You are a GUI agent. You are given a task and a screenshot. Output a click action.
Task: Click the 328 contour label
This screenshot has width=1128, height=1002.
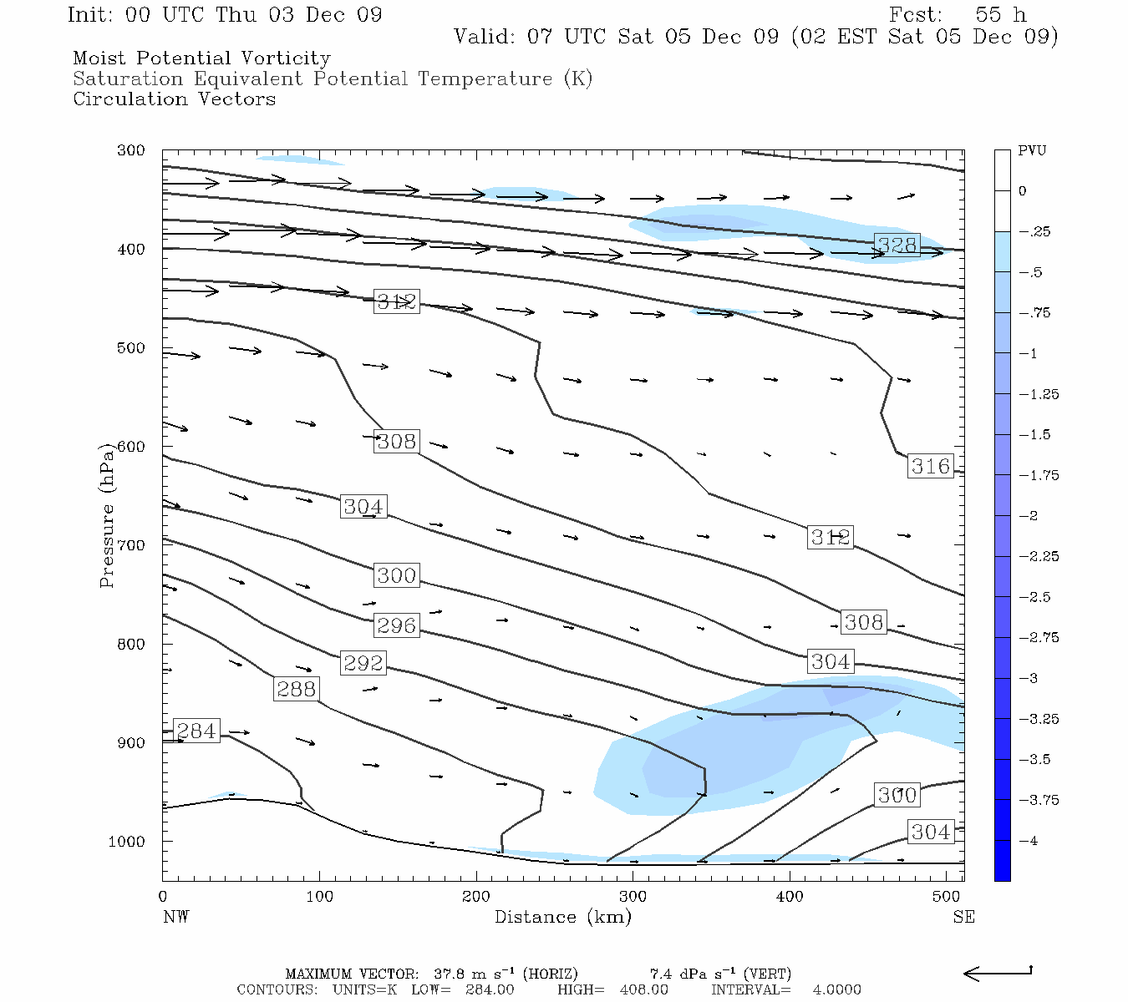(x=897, y=245)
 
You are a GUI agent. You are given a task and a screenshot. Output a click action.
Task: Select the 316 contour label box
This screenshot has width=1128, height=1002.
(x=930, y=466)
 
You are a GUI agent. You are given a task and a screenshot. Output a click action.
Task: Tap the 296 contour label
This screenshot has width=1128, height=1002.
(x=396, y=625)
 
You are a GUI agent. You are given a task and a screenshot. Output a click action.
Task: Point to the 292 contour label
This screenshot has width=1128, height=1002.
(x=363, y=663)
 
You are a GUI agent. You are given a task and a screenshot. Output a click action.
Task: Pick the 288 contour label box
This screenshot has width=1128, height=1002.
(x=296, y=689)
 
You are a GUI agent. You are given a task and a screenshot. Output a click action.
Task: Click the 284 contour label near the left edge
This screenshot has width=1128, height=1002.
(x=196, y=731)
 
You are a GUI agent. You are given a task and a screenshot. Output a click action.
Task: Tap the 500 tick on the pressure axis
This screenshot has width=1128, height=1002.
(x=131, y=348)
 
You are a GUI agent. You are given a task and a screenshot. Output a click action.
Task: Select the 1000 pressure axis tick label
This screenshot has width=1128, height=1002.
(x=127, y=842)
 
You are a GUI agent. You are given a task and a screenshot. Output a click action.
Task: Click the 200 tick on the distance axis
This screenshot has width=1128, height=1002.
(x=476, y=897)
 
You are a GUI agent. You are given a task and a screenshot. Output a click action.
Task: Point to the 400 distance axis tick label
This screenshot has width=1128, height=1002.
(x=790, y=897)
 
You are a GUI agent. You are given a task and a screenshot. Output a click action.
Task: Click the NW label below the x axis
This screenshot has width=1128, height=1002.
(x=175, y=917)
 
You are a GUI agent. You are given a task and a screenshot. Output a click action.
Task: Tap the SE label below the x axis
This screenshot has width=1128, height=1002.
(x=963, y=917)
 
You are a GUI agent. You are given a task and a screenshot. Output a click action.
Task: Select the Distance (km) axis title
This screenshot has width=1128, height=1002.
(x=562, y=917)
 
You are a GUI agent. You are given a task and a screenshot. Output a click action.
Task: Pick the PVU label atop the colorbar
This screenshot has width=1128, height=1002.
(x=1032, y=151)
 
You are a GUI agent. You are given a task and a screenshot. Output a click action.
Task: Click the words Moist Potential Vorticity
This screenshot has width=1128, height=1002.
(x=201, y=58)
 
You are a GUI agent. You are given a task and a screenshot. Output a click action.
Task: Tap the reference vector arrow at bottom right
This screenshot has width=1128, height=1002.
(x=998, y=973)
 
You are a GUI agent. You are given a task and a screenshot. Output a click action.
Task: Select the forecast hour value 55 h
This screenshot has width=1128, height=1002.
(x=1001, y=15)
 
